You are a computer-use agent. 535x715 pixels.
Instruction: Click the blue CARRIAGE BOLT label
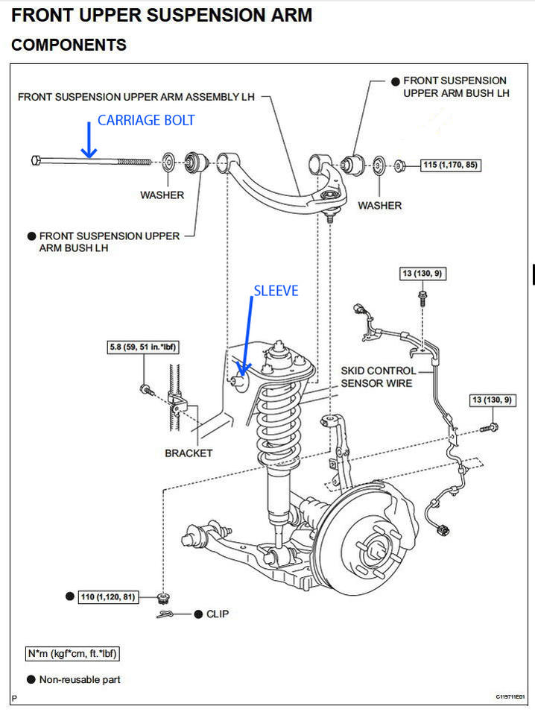point(146,120)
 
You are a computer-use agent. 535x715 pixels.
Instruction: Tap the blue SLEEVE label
point(276,291)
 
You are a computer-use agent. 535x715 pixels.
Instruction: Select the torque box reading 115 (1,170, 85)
point(450,165)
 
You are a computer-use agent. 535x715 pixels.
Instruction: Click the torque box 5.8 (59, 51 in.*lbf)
point(142,347)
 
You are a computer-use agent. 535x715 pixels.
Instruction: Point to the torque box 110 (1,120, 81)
point(108,597)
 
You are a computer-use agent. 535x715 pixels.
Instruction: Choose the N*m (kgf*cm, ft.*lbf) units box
point(72,653)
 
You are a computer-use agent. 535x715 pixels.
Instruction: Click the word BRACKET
point(189,453)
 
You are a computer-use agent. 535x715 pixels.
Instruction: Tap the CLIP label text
point(218,614)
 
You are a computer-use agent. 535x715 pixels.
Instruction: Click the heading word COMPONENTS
point(69,45)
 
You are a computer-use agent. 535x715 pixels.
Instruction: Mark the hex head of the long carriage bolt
point(36,160)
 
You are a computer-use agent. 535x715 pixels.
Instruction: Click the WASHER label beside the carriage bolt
point(162,195)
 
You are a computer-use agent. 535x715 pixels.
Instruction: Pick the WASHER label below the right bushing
point(379,206)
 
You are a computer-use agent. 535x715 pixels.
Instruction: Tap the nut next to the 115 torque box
point(399,166)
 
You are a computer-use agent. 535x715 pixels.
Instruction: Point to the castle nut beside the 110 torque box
point(162,597)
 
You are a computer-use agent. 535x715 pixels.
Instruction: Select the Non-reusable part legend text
point(80,679)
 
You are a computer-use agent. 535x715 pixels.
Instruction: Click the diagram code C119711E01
point(510,697)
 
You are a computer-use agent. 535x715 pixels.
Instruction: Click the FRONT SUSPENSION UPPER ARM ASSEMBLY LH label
point(136,97)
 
